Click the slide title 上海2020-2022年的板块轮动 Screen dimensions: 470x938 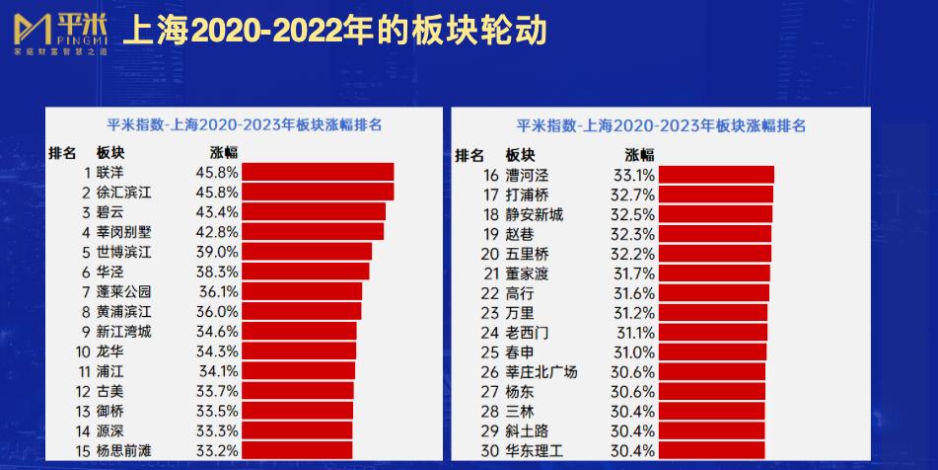pyautogui.click(x=333, y=32)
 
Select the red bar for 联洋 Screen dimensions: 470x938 pyautogui.click(x=318, y=172)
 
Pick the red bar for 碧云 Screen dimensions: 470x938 pyautogui.click(x=314, y=211)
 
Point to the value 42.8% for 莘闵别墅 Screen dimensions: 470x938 pyautogui.click(x=216, y=232)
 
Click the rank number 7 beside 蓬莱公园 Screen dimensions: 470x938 pyautogui.click(x=87, y=291)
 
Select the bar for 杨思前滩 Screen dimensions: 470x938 pyautogui.click(x=297, y=450)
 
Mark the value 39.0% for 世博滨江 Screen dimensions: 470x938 pyautogui.click(x=216, y=252)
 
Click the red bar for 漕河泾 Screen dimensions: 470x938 pyautogui.click(x=716, y=175)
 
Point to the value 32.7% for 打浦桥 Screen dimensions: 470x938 pyautogui.click(x=631, y=195)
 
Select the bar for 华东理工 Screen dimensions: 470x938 pyautogui.click(x=711, y=451)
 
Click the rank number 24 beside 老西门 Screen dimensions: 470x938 pyautogui.click(x=491, y=333)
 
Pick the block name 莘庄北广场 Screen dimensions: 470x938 pyautogui.click(x=541, y=372)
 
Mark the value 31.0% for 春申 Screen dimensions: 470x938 pyautogui.click(x=631, y=352)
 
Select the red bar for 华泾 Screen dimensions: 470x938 pyautogui.click(x=306, y=272)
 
